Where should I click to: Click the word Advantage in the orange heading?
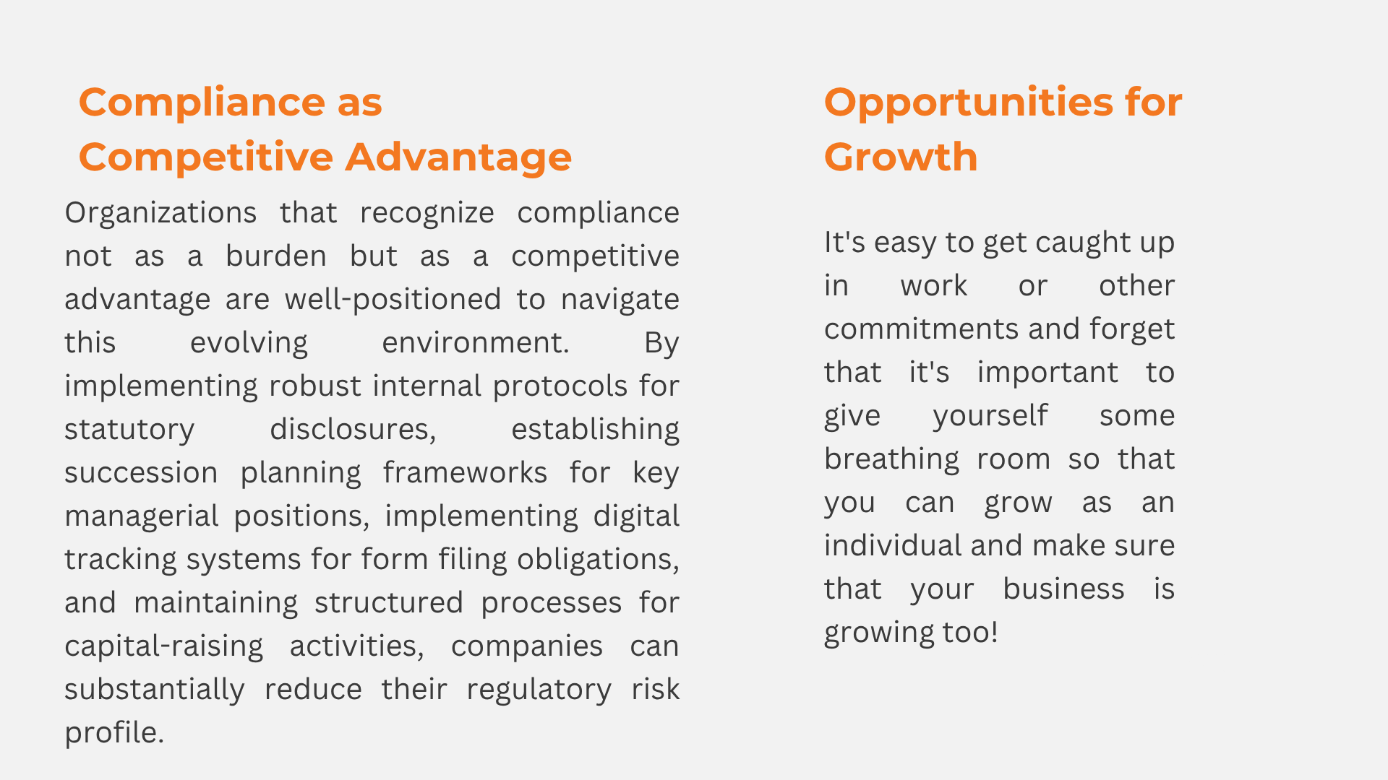pos(458,158)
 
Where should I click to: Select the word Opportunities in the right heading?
pos(968,103)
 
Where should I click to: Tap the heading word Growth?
pos(901,157)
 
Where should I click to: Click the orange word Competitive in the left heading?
pos(206,158)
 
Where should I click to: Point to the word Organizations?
pos(160,213)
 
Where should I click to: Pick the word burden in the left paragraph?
pos(275,256)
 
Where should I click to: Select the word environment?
pos(476,342)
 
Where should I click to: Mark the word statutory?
pos(129,430)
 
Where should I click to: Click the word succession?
pos(141,472)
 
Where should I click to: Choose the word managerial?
pos(142,516)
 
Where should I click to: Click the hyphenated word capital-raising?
pos(164,646)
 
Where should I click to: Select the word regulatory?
pos(539,690)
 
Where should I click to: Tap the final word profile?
pos(114,733)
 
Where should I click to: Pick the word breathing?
pos(891,459)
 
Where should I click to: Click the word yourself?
pos(990,416)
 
